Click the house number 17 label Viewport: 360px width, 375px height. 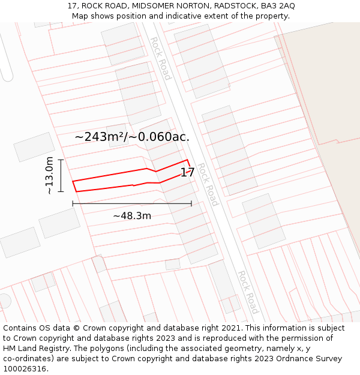(x=187, y=173)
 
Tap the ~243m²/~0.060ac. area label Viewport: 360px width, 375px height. (x=132, y=137)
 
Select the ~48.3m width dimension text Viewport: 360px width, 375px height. (x=132, y=215)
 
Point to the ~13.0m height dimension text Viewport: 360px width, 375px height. (x=49, y=175)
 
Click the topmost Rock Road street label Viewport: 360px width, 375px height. (x=160, y=58)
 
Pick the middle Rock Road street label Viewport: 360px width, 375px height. (x=208, y=184)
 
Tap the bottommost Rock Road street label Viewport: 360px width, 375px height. (x=247, y=292)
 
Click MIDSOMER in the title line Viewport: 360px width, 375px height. (x=151, y=6)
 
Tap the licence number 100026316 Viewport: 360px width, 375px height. (x=25, y=369)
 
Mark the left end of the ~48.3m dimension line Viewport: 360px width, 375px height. (x=73, y=204)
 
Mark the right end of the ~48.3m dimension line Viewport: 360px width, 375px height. (x=191, y=204)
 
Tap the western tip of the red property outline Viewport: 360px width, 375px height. (x=73, y=181)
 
